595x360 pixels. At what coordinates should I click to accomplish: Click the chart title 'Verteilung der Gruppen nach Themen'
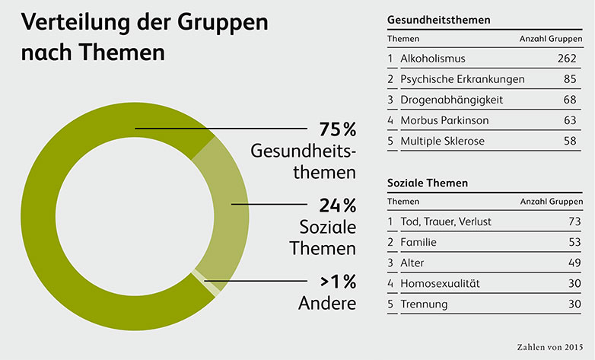[145, 37]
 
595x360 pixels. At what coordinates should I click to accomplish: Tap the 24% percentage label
[333, 205]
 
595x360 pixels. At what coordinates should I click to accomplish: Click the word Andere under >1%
[328, 303]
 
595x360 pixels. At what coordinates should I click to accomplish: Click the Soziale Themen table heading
[427, 183]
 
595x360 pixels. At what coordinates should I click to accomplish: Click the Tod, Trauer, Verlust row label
[445, 222]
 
